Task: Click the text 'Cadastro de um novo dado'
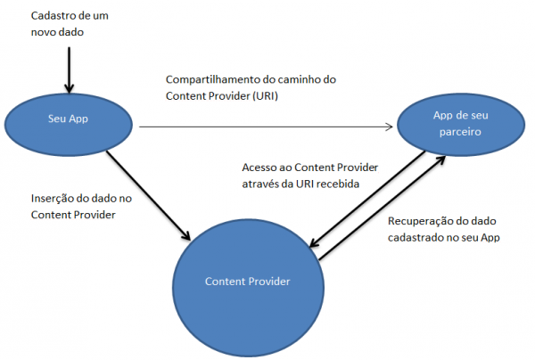tap(63, 24)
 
